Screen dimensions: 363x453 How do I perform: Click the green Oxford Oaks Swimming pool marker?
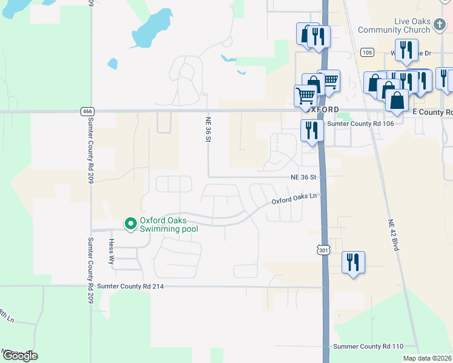[x=130, y=224]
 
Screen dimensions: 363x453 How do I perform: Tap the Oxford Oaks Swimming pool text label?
[x=168, y=224]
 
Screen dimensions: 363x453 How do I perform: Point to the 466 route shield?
[x=86, y=111]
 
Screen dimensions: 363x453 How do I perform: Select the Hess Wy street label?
[x=111, y=251]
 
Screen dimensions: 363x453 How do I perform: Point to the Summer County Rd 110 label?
[x=368, y=347]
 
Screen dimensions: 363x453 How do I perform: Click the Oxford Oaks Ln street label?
[x=294, y=199]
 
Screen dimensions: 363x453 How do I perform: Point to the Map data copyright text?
[x=428, y=358]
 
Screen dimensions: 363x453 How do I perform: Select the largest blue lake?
[x=150, y=29]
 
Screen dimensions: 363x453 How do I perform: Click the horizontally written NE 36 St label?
[x=303, y=177]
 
